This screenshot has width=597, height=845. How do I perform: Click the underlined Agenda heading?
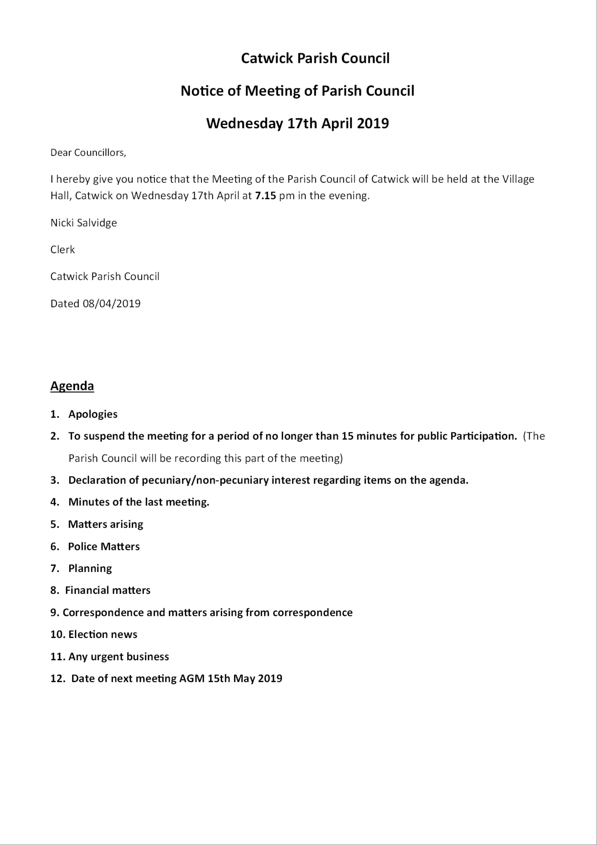(x=72, y=386)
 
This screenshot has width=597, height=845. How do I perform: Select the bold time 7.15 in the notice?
(x=265, y=195)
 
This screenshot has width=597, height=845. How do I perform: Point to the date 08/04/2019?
(x=112, y=303)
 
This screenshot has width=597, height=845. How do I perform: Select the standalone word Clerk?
(x=63, y=250)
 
